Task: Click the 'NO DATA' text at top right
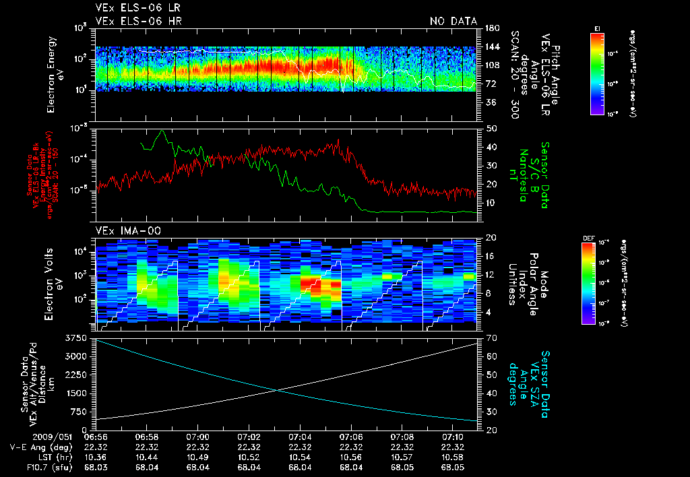pyautogui.click(x=453, y=22)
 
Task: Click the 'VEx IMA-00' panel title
pyautogui.click(x=119, y=230)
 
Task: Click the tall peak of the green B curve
pyautogui.click(x=162, y=131)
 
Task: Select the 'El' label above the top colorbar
pyautogui.click(x=597, y=28)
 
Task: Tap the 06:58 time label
pyautogui.click(x=147, y=437)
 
